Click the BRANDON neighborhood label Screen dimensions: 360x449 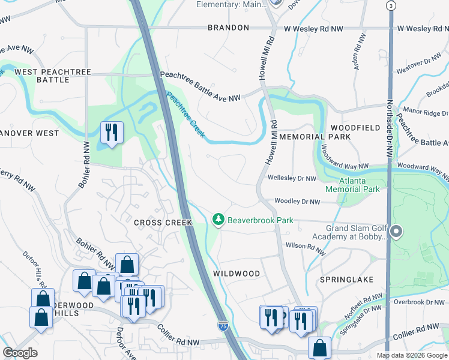[x=228, y=28]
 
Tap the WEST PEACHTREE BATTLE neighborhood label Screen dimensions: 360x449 [x=53, y=76]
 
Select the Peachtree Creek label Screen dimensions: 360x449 [x=185, y=114]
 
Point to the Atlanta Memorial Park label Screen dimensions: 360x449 [x=352, y=184]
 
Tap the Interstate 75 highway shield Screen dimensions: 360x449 [x=223, y=326]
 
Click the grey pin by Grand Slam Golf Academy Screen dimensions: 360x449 [x=396, y=231]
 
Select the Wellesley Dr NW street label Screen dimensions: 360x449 [x=292, y=178]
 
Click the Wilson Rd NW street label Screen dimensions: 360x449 [x=306, y=245]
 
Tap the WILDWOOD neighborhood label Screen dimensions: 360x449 [x=237, y=274]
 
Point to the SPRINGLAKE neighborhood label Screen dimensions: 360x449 [x=347, y=280]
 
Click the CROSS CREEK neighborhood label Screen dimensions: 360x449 [x=163, y=223]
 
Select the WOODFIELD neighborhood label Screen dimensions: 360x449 [x=355, y=128]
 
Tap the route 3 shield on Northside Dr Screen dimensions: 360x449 [x=391, y=5]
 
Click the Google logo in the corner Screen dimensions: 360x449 [x=20, y=353]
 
